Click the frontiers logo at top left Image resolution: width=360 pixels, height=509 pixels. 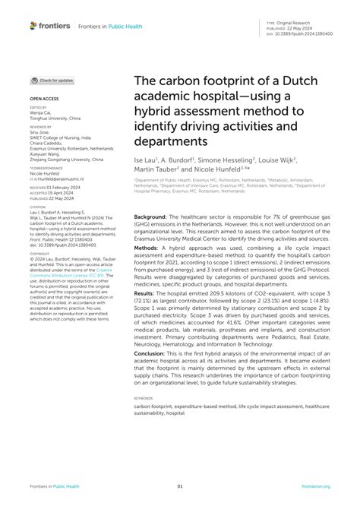(x=47, y=25)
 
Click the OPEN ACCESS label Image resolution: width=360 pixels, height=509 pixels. (x=44, y=99)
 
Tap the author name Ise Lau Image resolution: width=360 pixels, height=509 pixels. (x=146, y=161)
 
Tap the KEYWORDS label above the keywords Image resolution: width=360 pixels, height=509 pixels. (x=144, y=397)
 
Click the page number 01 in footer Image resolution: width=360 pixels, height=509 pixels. (x=180, y=486)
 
